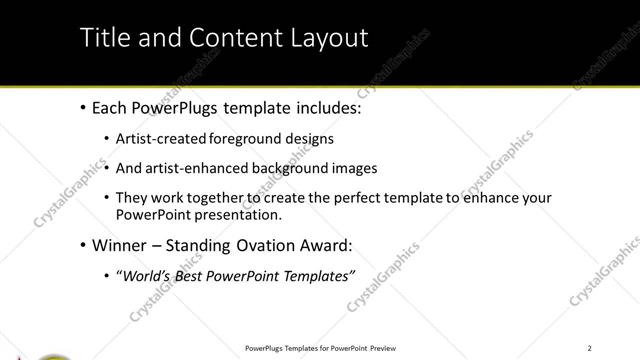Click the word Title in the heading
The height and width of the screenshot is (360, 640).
(103, 38)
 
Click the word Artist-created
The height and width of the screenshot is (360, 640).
(161, 139)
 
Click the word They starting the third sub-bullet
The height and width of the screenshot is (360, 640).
(132, 198)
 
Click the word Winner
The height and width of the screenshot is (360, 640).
(120, 245)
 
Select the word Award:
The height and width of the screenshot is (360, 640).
(330, 245)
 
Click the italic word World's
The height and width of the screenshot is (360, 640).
(145, 276)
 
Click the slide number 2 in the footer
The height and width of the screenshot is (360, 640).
(589, 348)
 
